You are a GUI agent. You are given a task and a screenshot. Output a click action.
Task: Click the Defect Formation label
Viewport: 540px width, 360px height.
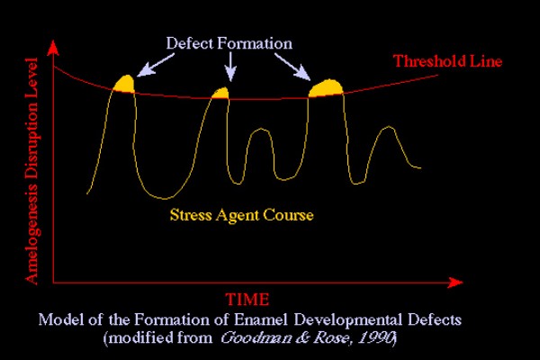[x=229, y=43]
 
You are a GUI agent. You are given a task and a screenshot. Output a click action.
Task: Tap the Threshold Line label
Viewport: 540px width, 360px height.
[x=447, y=61]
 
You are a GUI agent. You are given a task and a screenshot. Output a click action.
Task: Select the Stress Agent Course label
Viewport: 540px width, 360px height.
[x=242, y=215]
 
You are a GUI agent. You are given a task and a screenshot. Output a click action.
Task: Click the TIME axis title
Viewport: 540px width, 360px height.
[x=247, y=300]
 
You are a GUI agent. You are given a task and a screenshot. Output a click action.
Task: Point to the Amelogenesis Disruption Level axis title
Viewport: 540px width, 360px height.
[x=31, y=171]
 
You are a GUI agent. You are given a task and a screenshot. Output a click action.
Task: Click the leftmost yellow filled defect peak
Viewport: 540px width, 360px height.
[x=125, y=85]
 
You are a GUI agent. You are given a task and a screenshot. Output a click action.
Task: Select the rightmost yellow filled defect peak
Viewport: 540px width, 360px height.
[x=326, y=88]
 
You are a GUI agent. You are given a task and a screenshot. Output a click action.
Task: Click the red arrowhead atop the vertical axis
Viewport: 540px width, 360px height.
[x=53, y=48]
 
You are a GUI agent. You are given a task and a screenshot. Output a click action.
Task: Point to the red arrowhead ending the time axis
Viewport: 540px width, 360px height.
[x=455, y=283]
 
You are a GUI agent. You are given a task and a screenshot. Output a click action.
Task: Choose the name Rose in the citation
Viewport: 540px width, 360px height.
[x=331, y=338]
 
